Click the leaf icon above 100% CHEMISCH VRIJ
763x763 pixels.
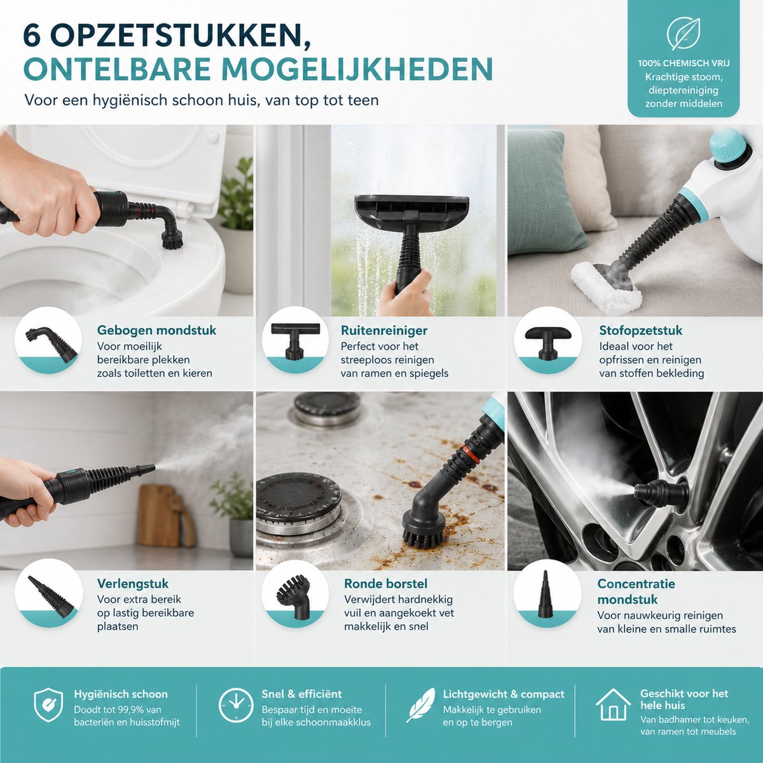coord(684,34)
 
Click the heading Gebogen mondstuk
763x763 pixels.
coord(157,330)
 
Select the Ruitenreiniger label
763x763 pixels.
coord(384,330)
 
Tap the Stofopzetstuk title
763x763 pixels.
coord(640,330)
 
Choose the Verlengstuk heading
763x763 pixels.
coord(133,584)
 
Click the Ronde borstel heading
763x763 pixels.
coord(386,584)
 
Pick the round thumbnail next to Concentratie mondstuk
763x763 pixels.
coord(547,593)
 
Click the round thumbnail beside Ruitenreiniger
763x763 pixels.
coord(295,340)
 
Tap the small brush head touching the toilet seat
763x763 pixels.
coord(172,240)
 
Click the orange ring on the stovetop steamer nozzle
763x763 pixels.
coord(471,455)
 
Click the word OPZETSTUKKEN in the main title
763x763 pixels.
coord(177,38)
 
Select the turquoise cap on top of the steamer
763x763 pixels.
coord(729,146)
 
